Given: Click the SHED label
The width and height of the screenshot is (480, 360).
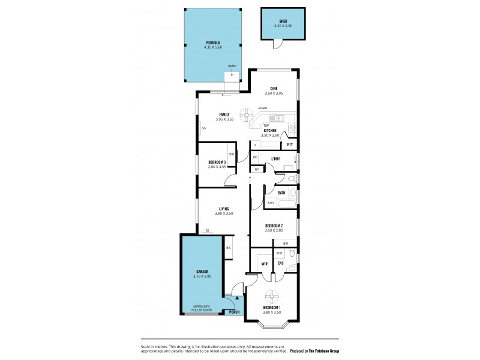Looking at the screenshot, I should pos(281,22).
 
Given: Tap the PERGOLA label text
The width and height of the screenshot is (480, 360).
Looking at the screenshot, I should pos(213,43).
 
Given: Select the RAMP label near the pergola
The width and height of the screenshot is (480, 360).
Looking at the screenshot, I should pos(231,65).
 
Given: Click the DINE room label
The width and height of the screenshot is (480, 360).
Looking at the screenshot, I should pos(274,89).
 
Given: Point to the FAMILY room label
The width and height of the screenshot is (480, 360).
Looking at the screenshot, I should pos(224,115).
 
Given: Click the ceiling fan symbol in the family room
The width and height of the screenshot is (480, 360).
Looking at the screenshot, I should pos(247,113).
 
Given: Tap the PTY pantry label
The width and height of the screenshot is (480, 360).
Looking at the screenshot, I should pos(290,145).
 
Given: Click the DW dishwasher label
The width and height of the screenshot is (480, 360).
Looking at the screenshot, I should pos(266,125).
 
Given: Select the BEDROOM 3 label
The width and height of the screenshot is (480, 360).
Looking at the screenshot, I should pos(217,162).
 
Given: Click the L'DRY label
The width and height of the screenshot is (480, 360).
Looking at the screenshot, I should pos(275,158).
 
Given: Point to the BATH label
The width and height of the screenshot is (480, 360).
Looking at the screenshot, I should pos(281,193).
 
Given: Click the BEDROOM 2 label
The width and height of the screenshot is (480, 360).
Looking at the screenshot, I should pos(274,226).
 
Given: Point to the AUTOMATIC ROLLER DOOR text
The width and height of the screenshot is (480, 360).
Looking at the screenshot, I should pos(202,308).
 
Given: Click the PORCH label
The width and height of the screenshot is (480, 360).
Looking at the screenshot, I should pos(235,311).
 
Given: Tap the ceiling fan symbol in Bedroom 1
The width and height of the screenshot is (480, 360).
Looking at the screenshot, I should pos(272,296).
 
